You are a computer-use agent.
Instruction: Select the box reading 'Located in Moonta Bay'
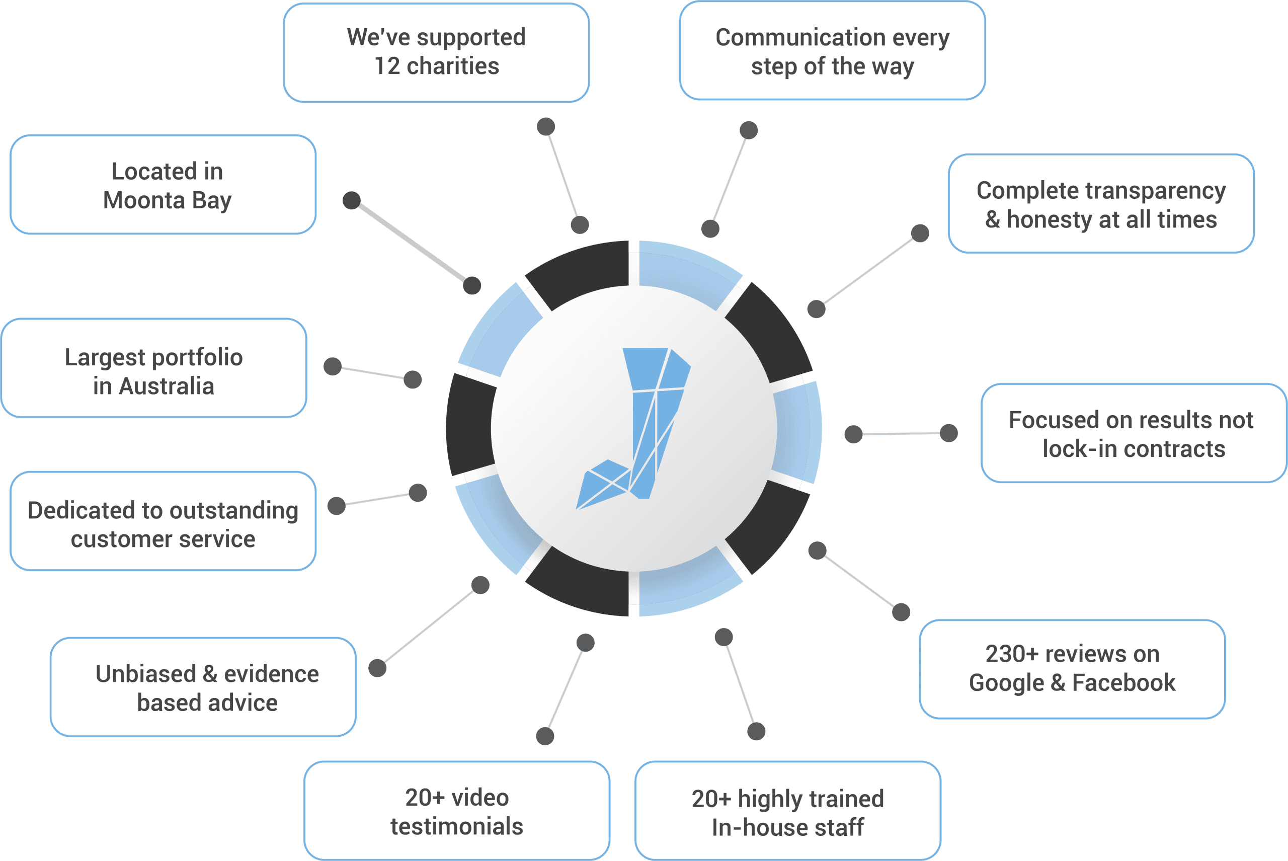pos(163,185)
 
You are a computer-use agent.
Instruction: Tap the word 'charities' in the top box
pos(453,66)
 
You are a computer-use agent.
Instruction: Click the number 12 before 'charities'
pos(387,66)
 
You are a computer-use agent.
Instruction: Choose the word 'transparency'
pos(1156,191)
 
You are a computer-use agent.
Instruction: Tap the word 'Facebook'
pos(1124,682)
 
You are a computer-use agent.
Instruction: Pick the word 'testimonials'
pos(457,826)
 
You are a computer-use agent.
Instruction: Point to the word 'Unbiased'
pos(145,674)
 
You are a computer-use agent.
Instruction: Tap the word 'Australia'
pos(167,386)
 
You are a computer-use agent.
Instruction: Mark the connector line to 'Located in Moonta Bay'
pos(412,243)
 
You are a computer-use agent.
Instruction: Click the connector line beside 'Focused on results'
pos(901,434)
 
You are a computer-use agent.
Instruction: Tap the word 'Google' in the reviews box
pos(1006,682)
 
